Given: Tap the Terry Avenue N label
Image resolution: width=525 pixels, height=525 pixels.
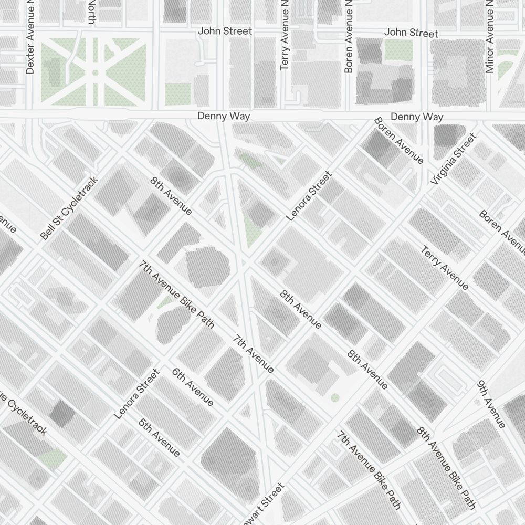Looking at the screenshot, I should click(285, 35).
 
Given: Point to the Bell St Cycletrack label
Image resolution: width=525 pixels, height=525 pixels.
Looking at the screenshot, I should click(69, 208).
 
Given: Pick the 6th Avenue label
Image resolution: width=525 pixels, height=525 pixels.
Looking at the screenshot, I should click(193, 387).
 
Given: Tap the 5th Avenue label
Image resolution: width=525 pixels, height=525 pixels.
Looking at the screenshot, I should click(160, 437).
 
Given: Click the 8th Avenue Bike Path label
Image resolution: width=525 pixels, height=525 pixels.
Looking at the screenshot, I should click(446, 468).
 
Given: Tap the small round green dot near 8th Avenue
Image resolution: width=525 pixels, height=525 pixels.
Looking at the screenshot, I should click(335, 397).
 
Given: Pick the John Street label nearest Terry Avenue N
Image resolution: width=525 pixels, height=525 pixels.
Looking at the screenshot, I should click(225, 31).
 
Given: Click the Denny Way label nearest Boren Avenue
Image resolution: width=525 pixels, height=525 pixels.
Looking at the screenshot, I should click(417, 117).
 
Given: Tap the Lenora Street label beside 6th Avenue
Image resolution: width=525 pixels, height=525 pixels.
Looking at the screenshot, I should click(136, 394).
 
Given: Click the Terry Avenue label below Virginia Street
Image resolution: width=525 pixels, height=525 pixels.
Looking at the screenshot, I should click(444, 267).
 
